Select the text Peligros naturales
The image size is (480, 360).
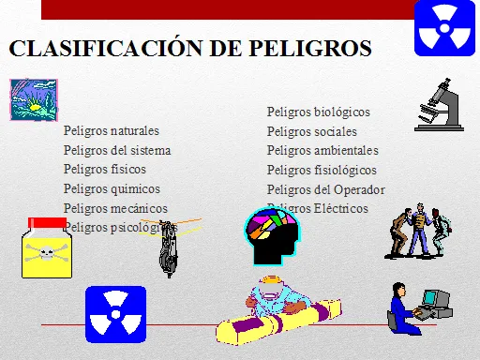tap(111, 130)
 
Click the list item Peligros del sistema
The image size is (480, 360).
tap(117, 150)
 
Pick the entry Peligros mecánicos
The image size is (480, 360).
tap(115, 208)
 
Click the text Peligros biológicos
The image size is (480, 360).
tap(318, 112)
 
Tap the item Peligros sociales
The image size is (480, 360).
tap(311, 131)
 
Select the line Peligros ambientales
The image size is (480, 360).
tap(322, 150)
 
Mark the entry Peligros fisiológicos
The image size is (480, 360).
tap(322, 170)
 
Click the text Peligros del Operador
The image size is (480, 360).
tap(325, 189)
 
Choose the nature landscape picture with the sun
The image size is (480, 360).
tap(31, 98)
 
